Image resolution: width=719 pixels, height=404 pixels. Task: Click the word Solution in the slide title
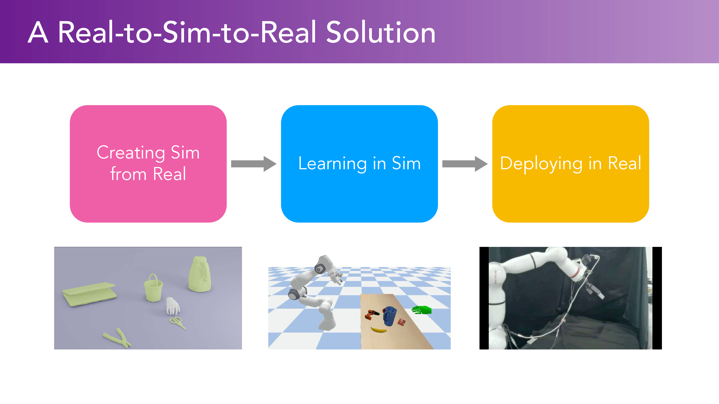point(381,33)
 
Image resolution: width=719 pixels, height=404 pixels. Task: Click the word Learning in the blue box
point(333,163)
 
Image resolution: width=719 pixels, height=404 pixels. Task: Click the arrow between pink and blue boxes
point(254,164)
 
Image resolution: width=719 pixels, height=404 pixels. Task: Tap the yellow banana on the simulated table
point(378,330)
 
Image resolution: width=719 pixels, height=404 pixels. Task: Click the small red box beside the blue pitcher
point(402,322)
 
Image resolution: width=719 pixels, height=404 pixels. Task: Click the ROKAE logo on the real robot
point(495,277)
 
